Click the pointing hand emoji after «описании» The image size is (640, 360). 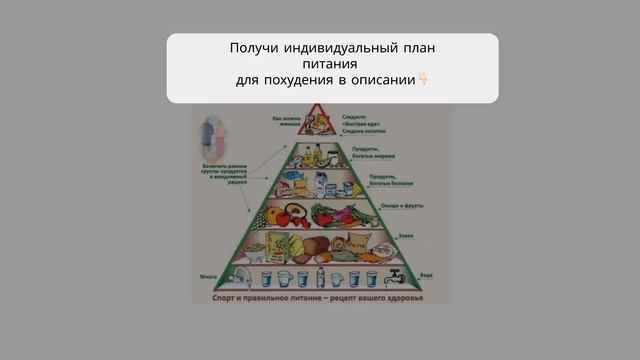[422, 79]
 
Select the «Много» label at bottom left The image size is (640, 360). [208, 273]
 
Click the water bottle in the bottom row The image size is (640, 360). [321, 277]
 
